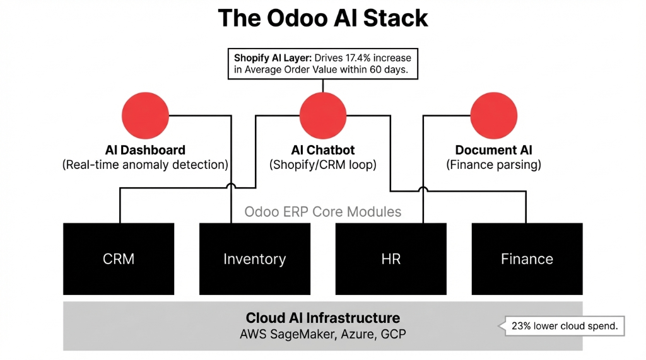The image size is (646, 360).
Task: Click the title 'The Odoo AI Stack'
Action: [x=323, y=18]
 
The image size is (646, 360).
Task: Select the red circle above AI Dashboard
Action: [x=145, y=115]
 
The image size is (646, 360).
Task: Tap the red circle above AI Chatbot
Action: [x=323, y=115]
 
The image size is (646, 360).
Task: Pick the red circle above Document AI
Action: [x=494, y=115]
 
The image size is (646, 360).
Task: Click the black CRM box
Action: [x=119, y=259]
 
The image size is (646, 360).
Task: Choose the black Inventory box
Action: [x=255, y=259]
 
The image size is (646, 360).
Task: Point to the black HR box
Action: [x=391, y=259]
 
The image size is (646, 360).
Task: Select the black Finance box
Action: [x=527, y=259]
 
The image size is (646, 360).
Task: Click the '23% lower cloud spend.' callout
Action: [x=563, y=327]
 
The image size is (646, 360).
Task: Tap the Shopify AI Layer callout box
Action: [x=322, y=64]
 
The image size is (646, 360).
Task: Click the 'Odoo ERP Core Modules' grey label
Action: [x=323, y=211]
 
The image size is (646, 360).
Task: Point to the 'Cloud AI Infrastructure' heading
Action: [x=323, y=318]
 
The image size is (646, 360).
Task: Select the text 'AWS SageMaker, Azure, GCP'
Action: [x=323, y=334]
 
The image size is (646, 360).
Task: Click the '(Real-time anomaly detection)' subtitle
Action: [x=145, y=165]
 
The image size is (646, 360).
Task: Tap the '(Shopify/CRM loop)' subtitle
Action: [x=323, y=165]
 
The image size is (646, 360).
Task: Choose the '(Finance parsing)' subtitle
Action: [x=494, y=165]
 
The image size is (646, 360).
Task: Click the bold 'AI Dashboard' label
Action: [x=144, y=150]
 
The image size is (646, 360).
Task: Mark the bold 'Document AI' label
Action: [x=494, y=150]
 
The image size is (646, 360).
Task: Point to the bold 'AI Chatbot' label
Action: [x=323, y=150]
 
